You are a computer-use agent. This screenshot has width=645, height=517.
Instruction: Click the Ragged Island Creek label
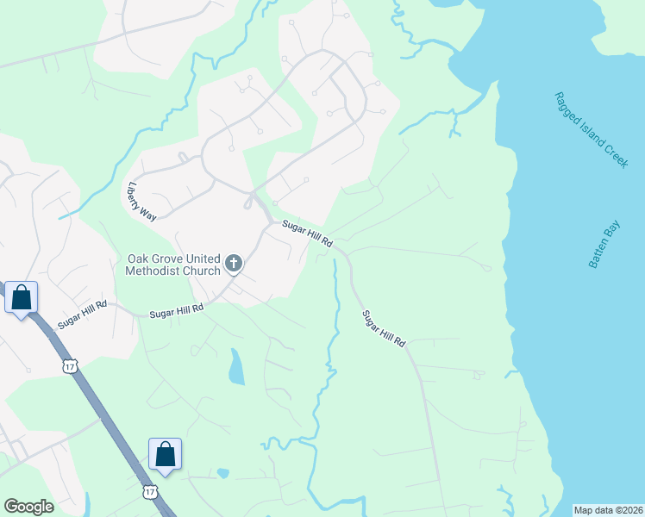tap(591, 130)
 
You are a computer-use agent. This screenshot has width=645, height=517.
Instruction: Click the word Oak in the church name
tap(141, 258)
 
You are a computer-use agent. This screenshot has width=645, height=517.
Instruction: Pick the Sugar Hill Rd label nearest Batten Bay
tap(383, 328)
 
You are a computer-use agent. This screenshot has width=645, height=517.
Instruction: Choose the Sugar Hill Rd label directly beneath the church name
tap(177, 310)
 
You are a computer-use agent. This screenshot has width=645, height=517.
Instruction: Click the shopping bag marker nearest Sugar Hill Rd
tap(22, 298)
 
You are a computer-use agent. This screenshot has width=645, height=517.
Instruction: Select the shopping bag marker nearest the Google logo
tap(165, 454)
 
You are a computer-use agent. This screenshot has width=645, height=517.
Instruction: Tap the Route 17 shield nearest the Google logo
tap(151, 491)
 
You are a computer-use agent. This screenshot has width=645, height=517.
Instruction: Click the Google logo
tap(28, 507)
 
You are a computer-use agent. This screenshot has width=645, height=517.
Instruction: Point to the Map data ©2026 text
tap(609, 510)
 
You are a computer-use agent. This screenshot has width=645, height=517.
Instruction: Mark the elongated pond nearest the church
tap(235, 367)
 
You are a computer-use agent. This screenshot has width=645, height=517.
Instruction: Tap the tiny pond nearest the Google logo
tap(222, 473)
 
